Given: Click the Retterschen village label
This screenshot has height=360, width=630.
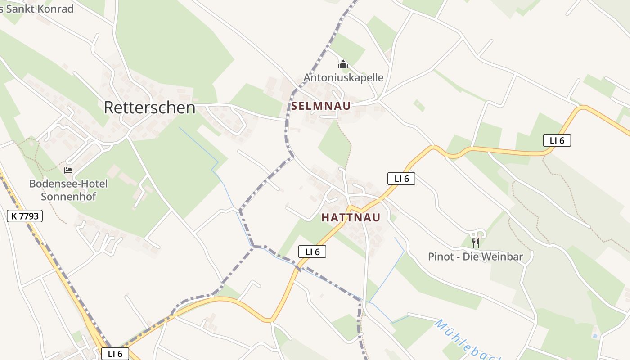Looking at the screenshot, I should click(x=149, y=108).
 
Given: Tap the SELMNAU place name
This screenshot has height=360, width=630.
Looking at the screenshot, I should click(x=321, y=106).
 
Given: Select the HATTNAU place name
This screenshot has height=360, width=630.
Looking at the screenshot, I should click(x=351, y=218).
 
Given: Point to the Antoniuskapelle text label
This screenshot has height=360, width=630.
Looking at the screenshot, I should click(x=343, y=77).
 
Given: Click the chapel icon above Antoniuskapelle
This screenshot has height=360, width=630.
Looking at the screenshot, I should click(x=343, y=65).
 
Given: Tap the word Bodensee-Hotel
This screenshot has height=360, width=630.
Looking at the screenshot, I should click(x=68, y=184).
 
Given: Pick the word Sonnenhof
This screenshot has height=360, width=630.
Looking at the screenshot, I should click(x=68, y=196).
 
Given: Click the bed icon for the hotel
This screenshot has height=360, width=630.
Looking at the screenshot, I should click(x=68, y=170).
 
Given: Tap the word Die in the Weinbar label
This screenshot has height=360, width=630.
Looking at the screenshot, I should click(x=470, y=256).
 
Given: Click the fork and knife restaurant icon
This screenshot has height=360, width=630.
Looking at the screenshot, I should click(x=475, y=243).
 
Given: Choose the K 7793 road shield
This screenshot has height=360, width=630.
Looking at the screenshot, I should click(x=25, y=216).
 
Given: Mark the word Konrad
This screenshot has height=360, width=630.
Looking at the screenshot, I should click(x=57, y=9).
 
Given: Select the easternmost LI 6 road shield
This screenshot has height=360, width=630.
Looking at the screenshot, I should click(x=557, y=140).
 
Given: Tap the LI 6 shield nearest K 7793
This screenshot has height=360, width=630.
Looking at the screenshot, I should click(x=115, y=354).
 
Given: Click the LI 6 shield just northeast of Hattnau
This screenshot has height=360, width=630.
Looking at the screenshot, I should click(x=401, y=179).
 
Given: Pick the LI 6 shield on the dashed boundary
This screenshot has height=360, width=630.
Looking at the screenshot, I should click(x=312, y=252).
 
